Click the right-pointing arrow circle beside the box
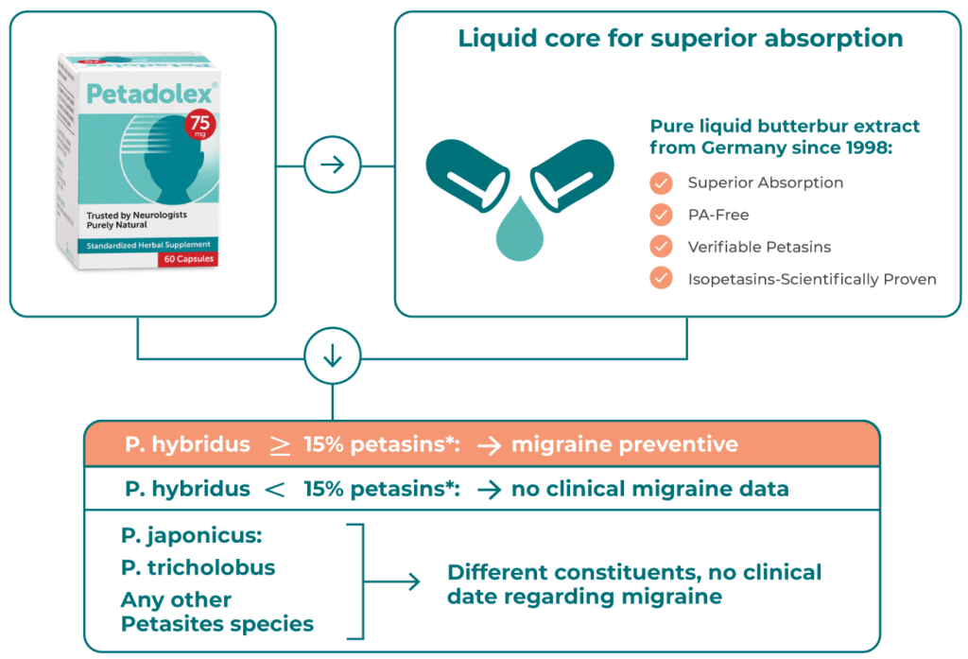pyautogui.click(x=332, y=165)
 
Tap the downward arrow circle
pyautogui.click(x=332, y=357)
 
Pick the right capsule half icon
pyautogui.click(x=572, y=172)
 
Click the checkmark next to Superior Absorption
pyautogui.click(x=662, y=182)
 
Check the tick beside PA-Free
pyautogui.click(x=662, y=215)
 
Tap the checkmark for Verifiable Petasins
pyautogui.click(x=662, y=247)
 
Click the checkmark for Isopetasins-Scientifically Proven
pyautogui.click(x=662, y=279)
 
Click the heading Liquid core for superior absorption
pyautogui.click(x=680, y=40)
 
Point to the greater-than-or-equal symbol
pyautogui.click(x=280, y=445)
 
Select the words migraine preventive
pyautogui.click(x=624, y=444)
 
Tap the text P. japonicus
pyautogui.click(x=192, y=536)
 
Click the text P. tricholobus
pyautogui.click(x=199, y=567)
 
